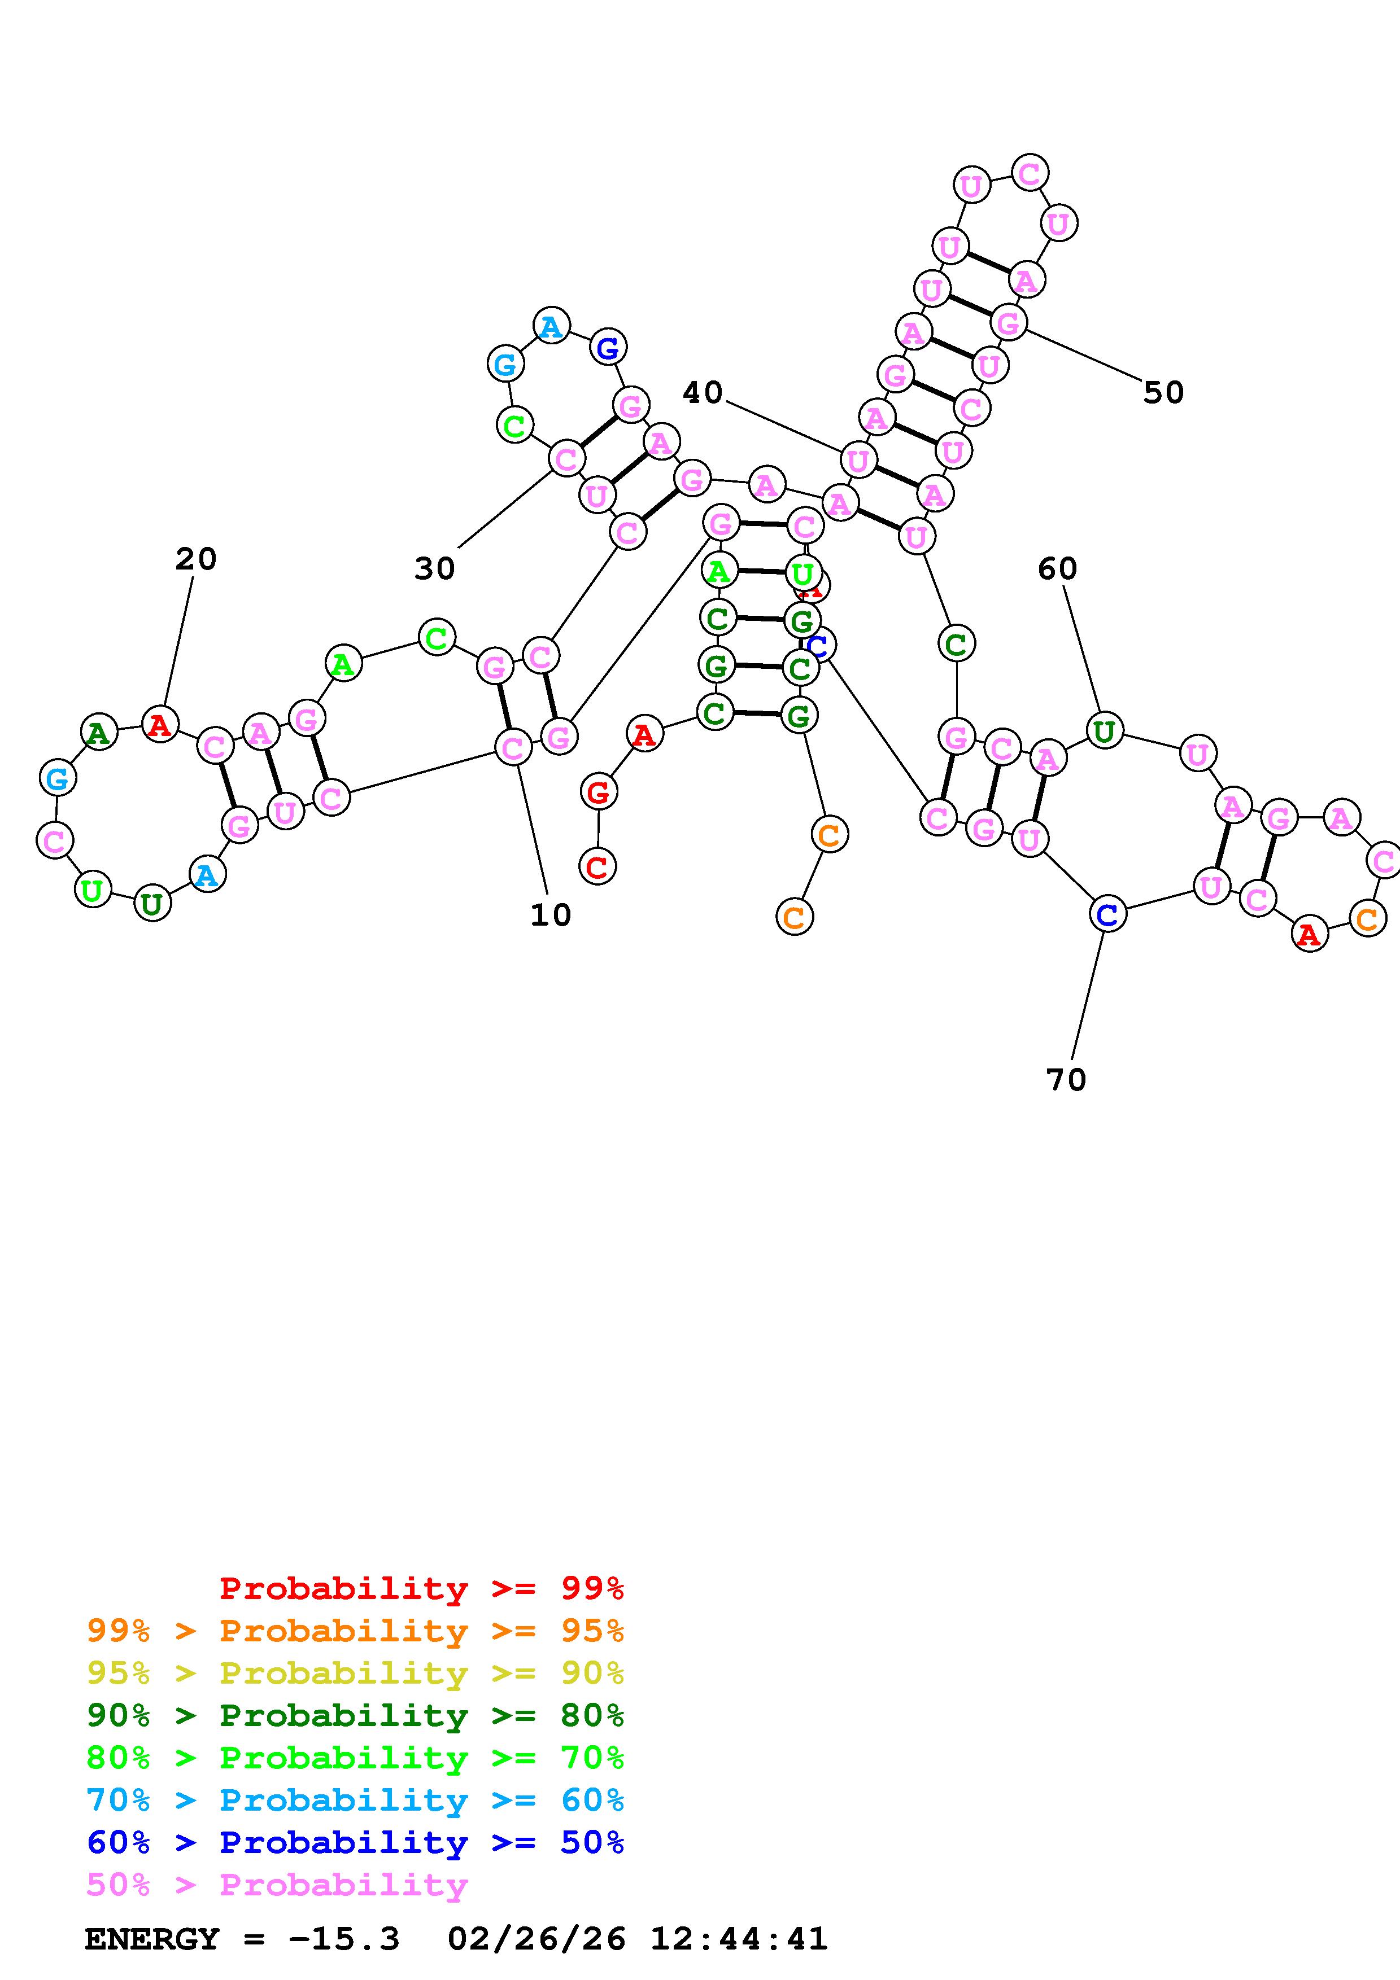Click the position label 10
pos(550,915)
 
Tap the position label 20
pos(196,559)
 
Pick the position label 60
pos(1057,569)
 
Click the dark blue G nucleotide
pos(608,348)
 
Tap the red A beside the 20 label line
pos(160,724)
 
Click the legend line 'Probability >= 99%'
pos(421,1588)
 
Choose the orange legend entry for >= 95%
pos(355,1631)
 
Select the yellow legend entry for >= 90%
pos(355,1673)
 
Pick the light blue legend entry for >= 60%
pos(355,1800)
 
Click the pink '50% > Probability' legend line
pos(276,1884)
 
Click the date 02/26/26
pos(536,1939)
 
